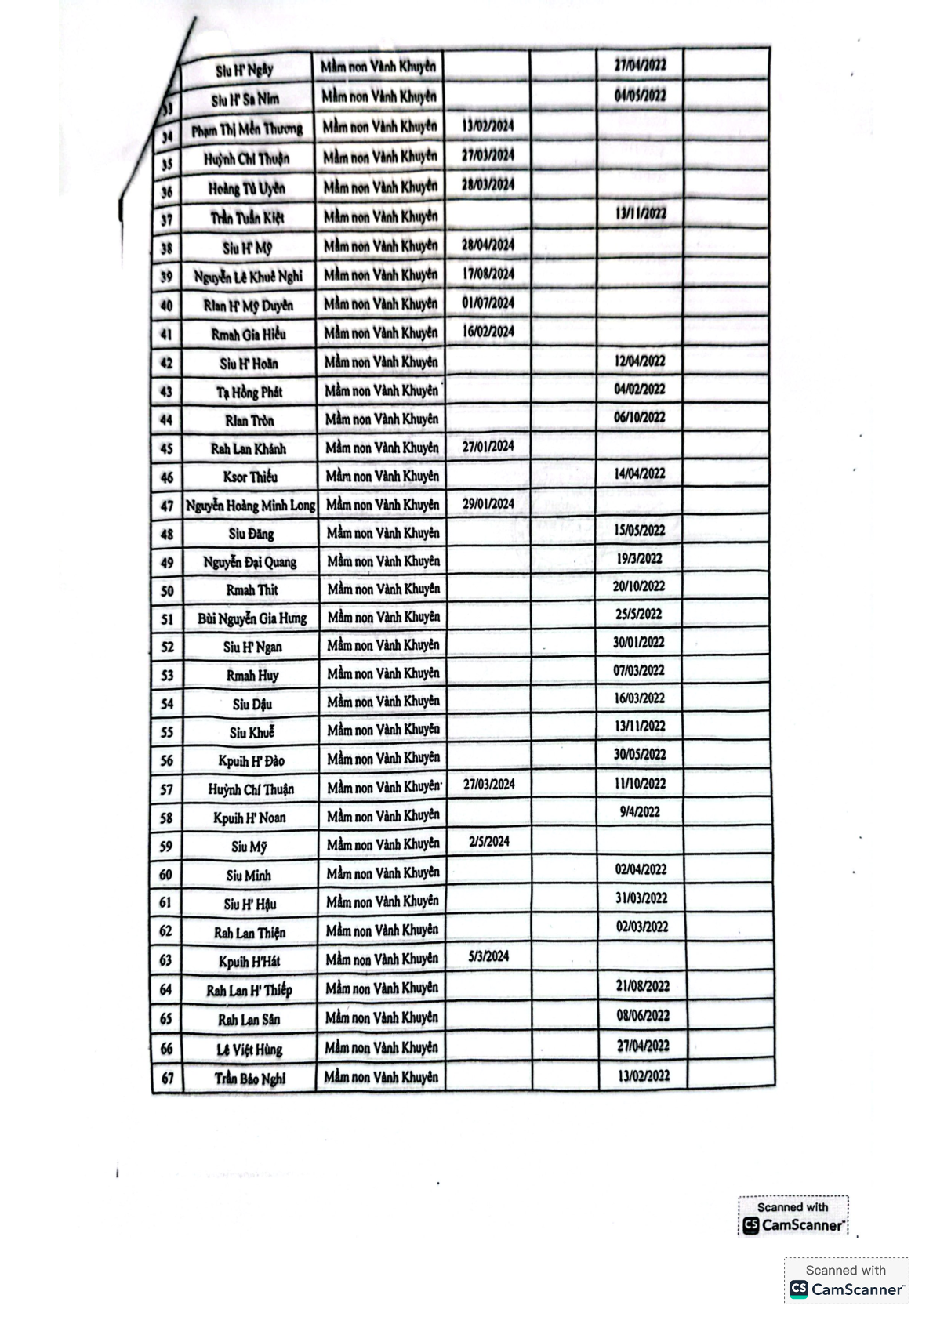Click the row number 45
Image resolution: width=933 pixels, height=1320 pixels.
(x=166, y=449)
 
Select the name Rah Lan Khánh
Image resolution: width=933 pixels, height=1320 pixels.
(x=249, y=449)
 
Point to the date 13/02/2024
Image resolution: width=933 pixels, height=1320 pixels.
(x=488, y=125)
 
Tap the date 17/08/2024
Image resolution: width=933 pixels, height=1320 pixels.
(x=488, y=274)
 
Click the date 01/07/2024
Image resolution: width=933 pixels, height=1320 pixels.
(x=488, y=303)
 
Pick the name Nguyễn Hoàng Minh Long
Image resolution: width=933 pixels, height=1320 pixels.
(x=250, y=506)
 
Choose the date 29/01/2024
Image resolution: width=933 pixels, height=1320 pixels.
(x=488, y=503)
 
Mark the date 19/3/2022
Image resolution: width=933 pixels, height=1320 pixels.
(x=639, y=559)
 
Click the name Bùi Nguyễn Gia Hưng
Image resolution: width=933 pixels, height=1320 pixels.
(x=252, y=618)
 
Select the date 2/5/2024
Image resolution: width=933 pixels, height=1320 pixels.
(x=489, y=841)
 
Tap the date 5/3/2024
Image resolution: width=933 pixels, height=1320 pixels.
(x=488, y=956)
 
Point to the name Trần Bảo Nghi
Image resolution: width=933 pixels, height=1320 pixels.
(x=250, y=1079)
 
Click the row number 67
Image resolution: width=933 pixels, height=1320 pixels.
(x=167, y=1079)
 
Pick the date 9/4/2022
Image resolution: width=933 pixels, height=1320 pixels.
(x=640, y=812)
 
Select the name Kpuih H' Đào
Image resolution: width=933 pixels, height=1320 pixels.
(x=251, y=760)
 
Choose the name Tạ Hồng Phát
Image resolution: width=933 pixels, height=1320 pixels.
(x=249, y=392)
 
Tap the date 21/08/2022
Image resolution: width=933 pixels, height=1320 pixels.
(x=642, y=986)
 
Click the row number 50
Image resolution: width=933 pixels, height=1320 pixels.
(x=167, y=591)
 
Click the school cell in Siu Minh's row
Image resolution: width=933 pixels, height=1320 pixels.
(x=382, y=873)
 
